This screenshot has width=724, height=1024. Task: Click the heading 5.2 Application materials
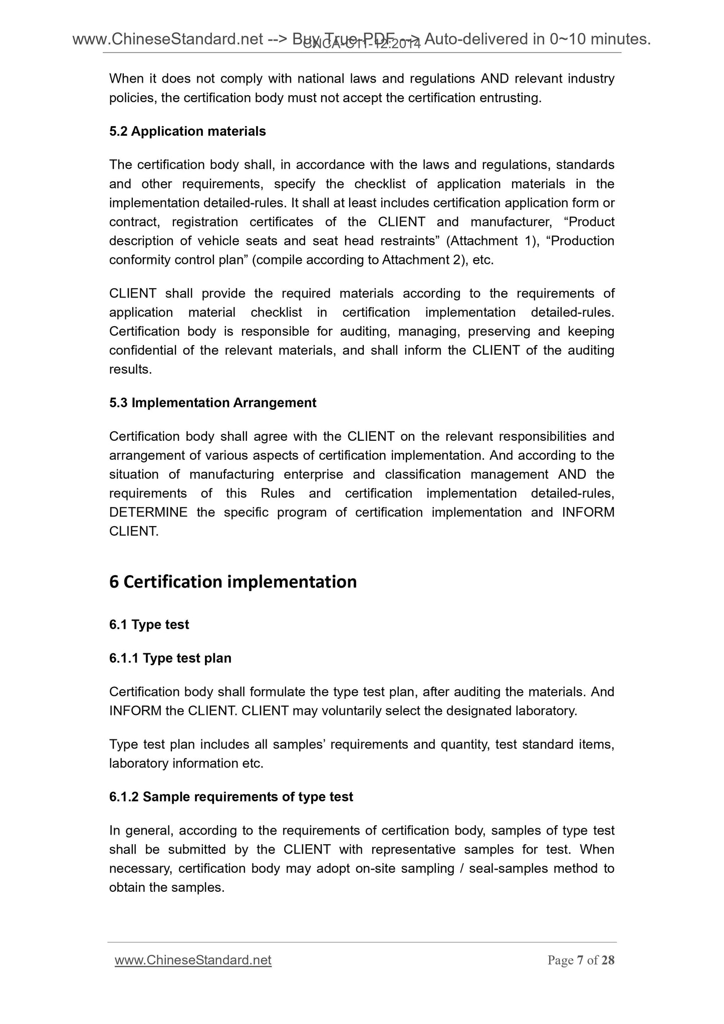pos(187,132)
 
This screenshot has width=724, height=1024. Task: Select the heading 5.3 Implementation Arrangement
pos(212,403)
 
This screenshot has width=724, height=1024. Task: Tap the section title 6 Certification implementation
pos(233,582)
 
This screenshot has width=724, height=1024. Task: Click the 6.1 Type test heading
pos(149,625)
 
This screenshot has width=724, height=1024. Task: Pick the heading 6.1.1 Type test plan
pos(170,658)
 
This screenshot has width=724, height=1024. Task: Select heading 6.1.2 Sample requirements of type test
pos(231,797)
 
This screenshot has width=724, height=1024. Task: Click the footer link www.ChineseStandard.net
pos(193,960)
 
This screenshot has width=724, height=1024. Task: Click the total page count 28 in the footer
pos(608,961)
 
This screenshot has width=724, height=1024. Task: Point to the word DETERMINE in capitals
pos(148,513)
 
